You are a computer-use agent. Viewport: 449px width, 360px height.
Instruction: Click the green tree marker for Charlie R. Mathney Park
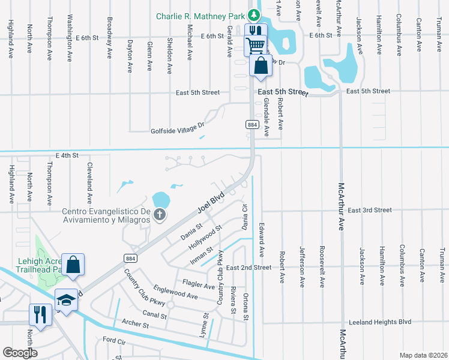point(255,15)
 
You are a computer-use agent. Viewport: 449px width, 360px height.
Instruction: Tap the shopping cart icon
point(255,44)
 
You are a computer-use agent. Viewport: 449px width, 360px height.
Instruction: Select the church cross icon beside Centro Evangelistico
point(159,215)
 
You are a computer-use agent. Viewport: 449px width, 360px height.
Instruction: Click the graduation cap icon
point(67,299)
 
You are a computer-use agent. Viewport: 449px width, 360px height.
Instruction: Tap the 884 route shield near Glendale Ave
point(252,124)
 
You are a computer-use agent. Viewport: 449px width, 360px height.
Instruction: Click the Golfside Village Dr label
point(178,127)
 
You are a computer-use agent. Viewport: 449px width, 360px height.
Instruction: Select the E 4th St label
point(67,155)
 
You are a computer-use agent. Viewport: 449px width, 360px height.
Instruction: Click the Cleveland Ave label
point(89,182)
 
